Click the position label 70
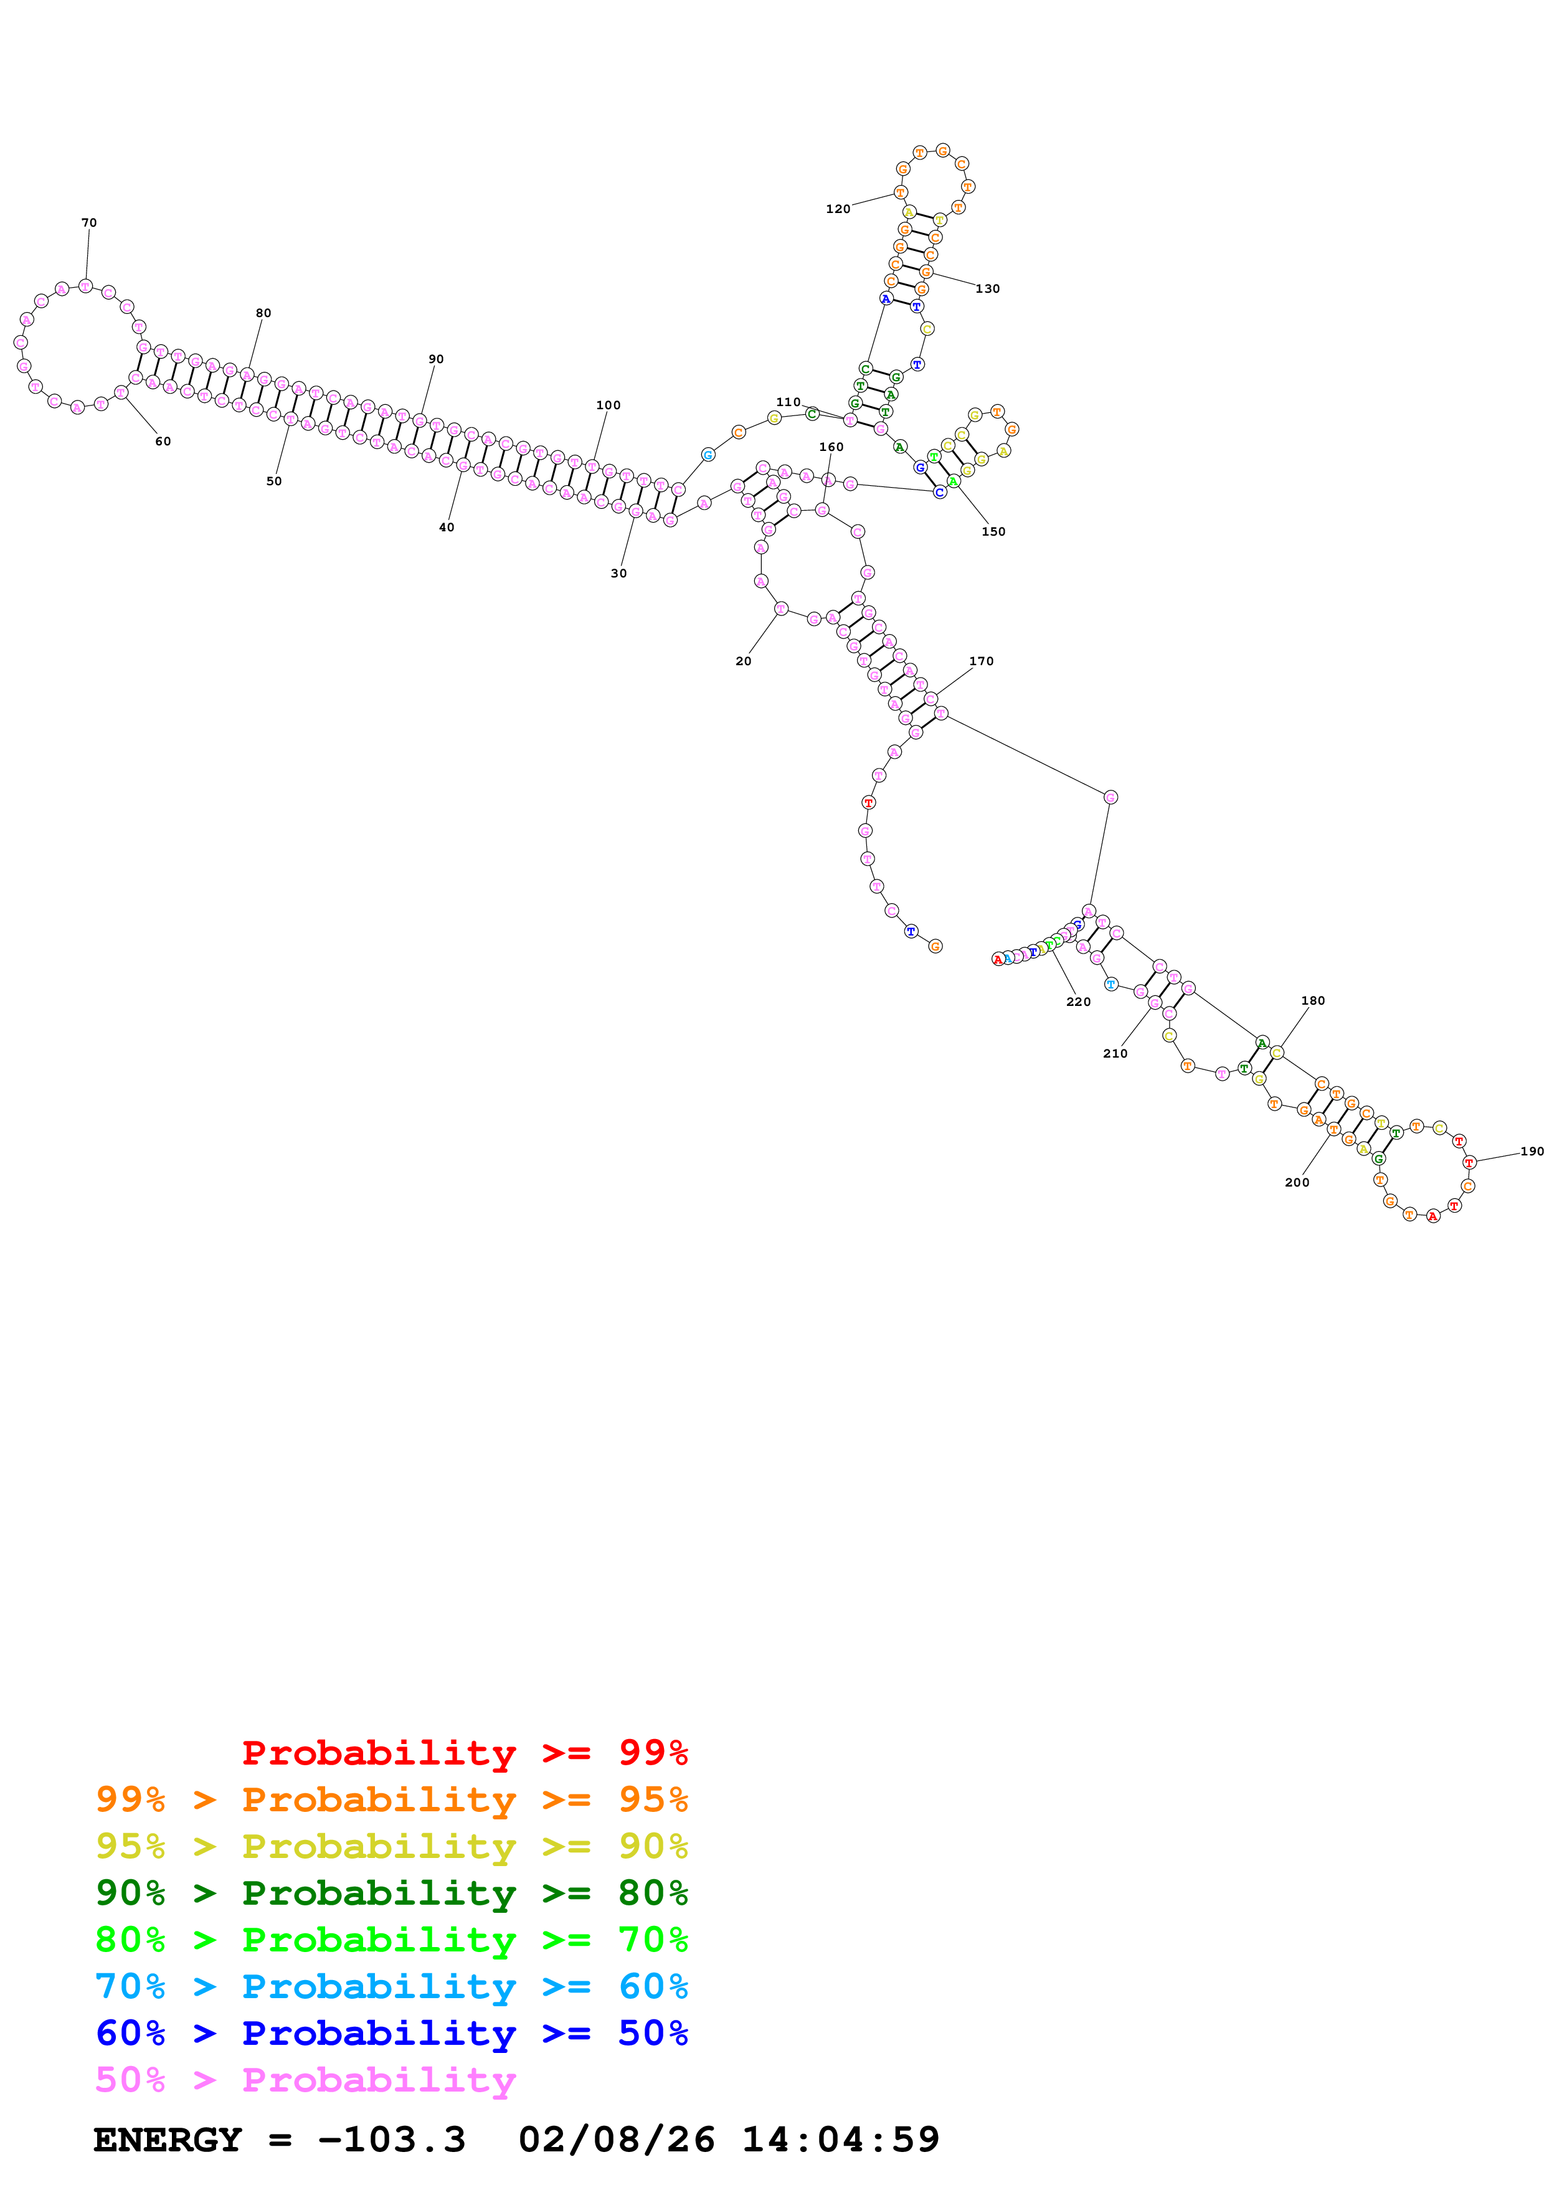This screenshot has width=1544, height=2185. tap(88, 223)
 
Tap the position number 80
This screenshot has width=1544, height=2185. tap(263, 313)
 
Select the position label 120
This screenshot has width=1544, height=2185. tap(837, 209)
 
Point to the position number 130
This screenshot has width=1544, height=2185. tap(987, 288)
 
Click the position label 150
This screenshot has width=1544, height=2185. tap(993, 532)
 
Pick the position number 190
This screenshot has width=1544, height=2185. tap(1531, 1152)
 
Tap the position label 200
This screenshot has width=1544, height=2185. tap(1297, 1183)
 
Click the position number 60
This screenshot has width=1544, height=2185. tap(163, 442)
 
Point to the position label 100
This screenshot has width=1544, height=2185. tap(608, 405)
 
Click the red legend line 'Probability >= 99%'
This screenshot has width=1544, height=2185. tap(464, 1752)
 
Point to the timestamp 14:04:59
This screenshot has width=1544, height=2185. tap(840, 2140)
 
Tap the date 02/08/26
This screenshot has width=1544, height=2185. tap(617, 2140)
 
